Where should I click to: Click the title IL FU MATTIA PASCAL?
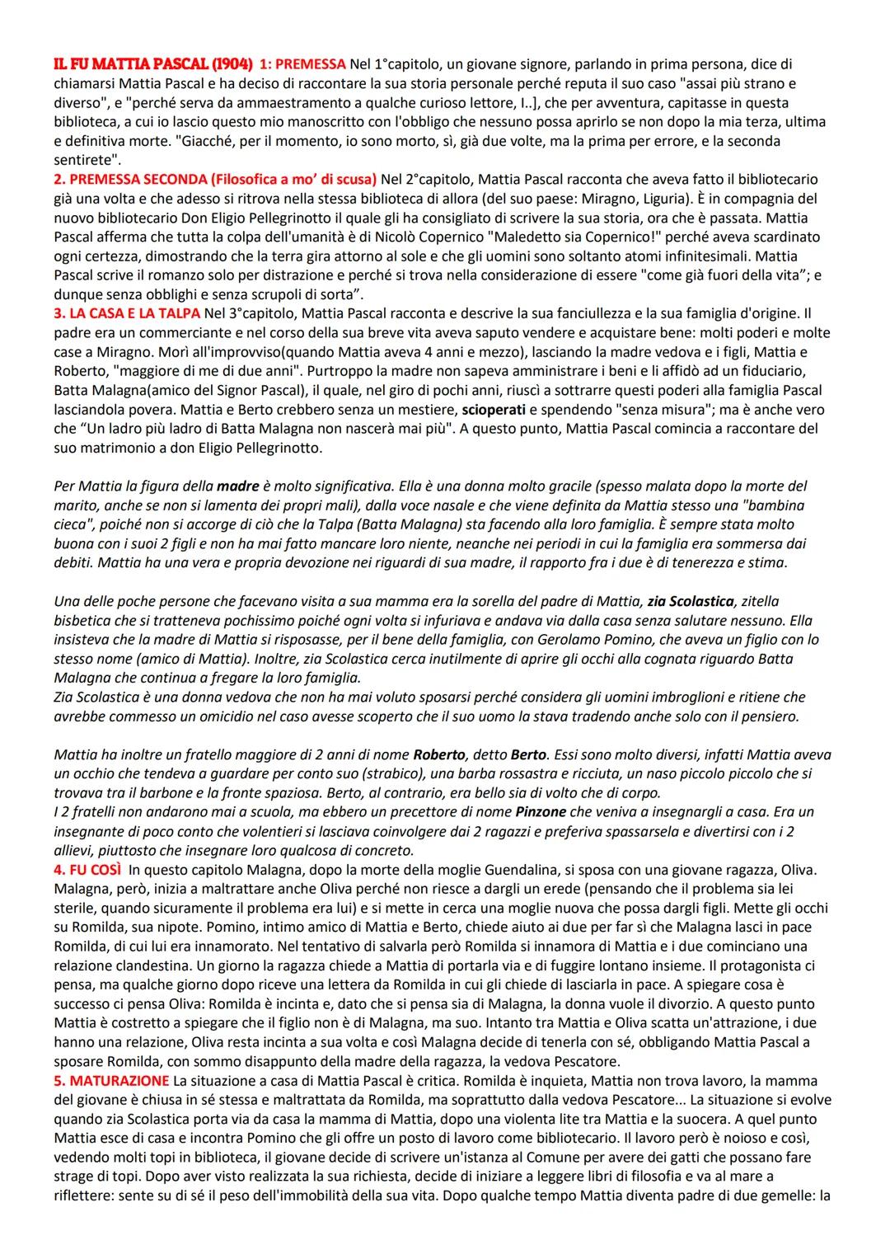131,63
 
